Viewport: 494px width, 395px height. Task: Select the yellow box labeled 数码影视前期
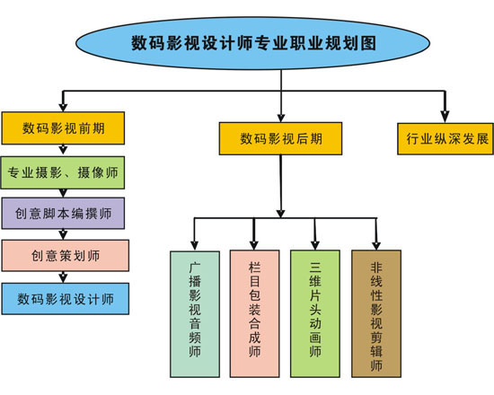[62, 127]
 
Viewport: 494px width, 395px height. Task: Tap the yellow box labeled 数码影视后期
[281, 138]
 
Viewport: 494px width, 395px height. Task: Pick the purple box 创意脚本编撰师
[64, 213]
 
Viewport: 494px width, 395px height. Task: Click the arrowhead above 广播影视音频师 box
[193, 242]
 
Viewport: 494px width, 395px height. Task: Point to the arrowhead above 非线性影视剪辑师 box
[376, 242]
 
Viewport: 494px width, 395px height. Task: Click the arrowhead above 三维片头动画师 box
[315, 242]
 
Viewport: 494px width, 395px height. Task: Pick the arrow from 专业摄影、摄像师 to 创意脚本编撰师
[64, 191]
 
